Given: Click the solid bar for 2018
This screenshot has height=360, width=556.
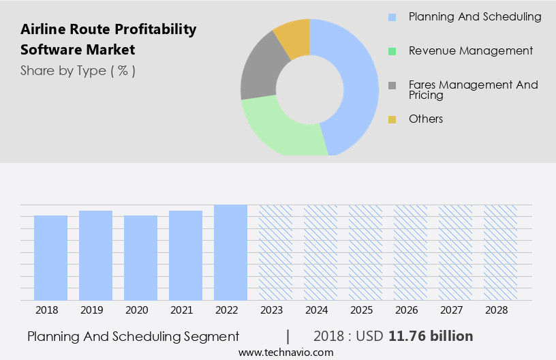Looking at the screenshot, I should (x=50, y=258).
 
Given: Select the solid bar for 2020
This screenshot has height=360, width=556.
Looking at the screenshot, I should (x=140, y=258).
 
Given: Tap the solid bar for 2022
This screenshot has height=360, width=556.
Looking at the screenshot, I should (x=230, y=252).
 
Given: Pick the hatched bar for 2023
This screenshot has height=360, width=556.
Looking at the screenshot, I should (x=275, y=252).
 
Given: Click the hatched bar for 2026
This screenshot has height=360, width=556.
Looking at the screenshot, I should (x=410, y=252).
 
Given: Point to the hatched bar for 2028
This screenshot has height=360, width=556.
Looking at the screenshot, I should (x=500, y=252).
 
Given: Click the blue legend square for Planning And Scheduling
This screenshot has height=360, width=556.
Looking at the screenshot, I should (x=392, y=17).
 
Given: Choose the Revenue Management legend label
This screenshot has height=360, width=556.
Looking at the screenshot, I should (x=471, y=50).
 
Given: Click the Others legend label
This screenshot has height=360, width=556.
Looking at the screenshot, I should (x=426, y=119).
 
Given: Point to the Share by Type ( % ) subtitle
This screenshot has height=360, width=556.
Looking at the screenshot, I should (x=78, y=70).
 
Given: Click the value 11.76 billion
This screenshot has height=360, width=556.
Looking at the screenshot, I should (x=431, y=336).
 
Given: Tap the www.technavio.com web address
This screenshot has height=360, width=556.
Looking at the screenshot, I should (x=285, y=352).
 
